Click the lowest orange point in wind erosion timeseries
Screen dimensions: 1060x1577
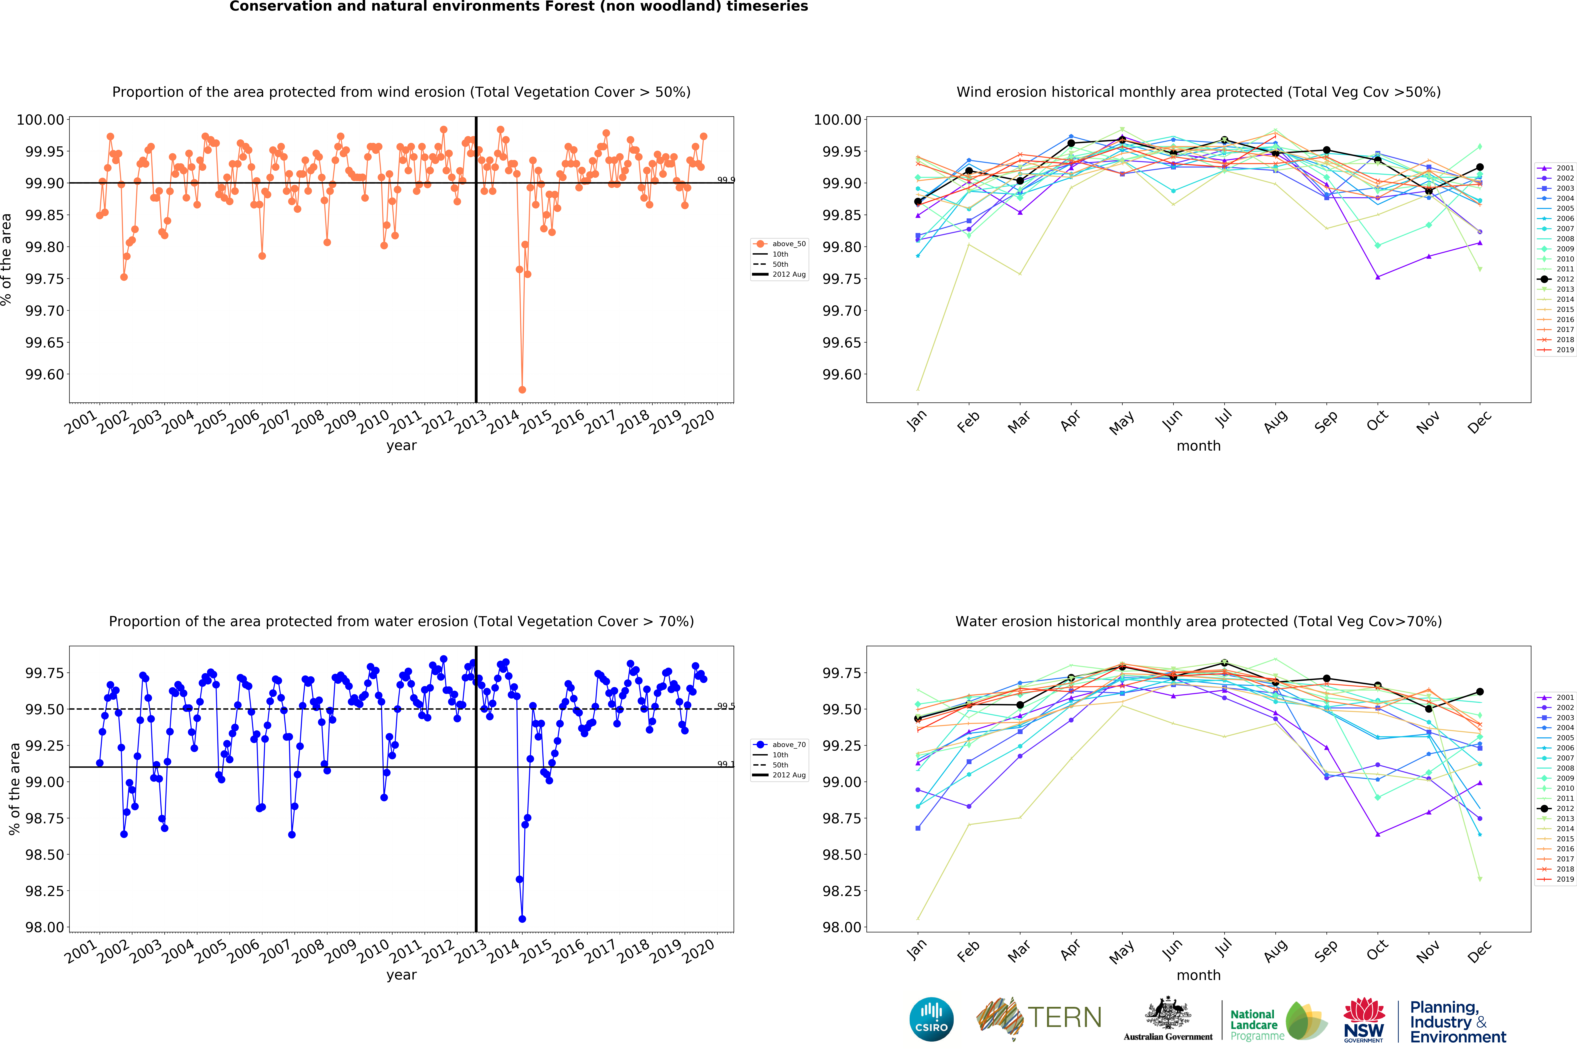coord(522,390)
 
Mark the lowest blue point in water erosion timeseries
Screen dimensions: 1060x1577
coord(522,919)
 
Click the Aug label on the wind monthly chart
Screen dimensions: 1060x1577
coord(1275,422)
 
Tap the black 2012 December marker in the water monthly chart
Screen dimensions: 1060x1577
coord(1480,692)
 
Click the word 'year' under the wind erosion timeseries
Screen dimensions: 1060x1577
coord(401,445)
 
